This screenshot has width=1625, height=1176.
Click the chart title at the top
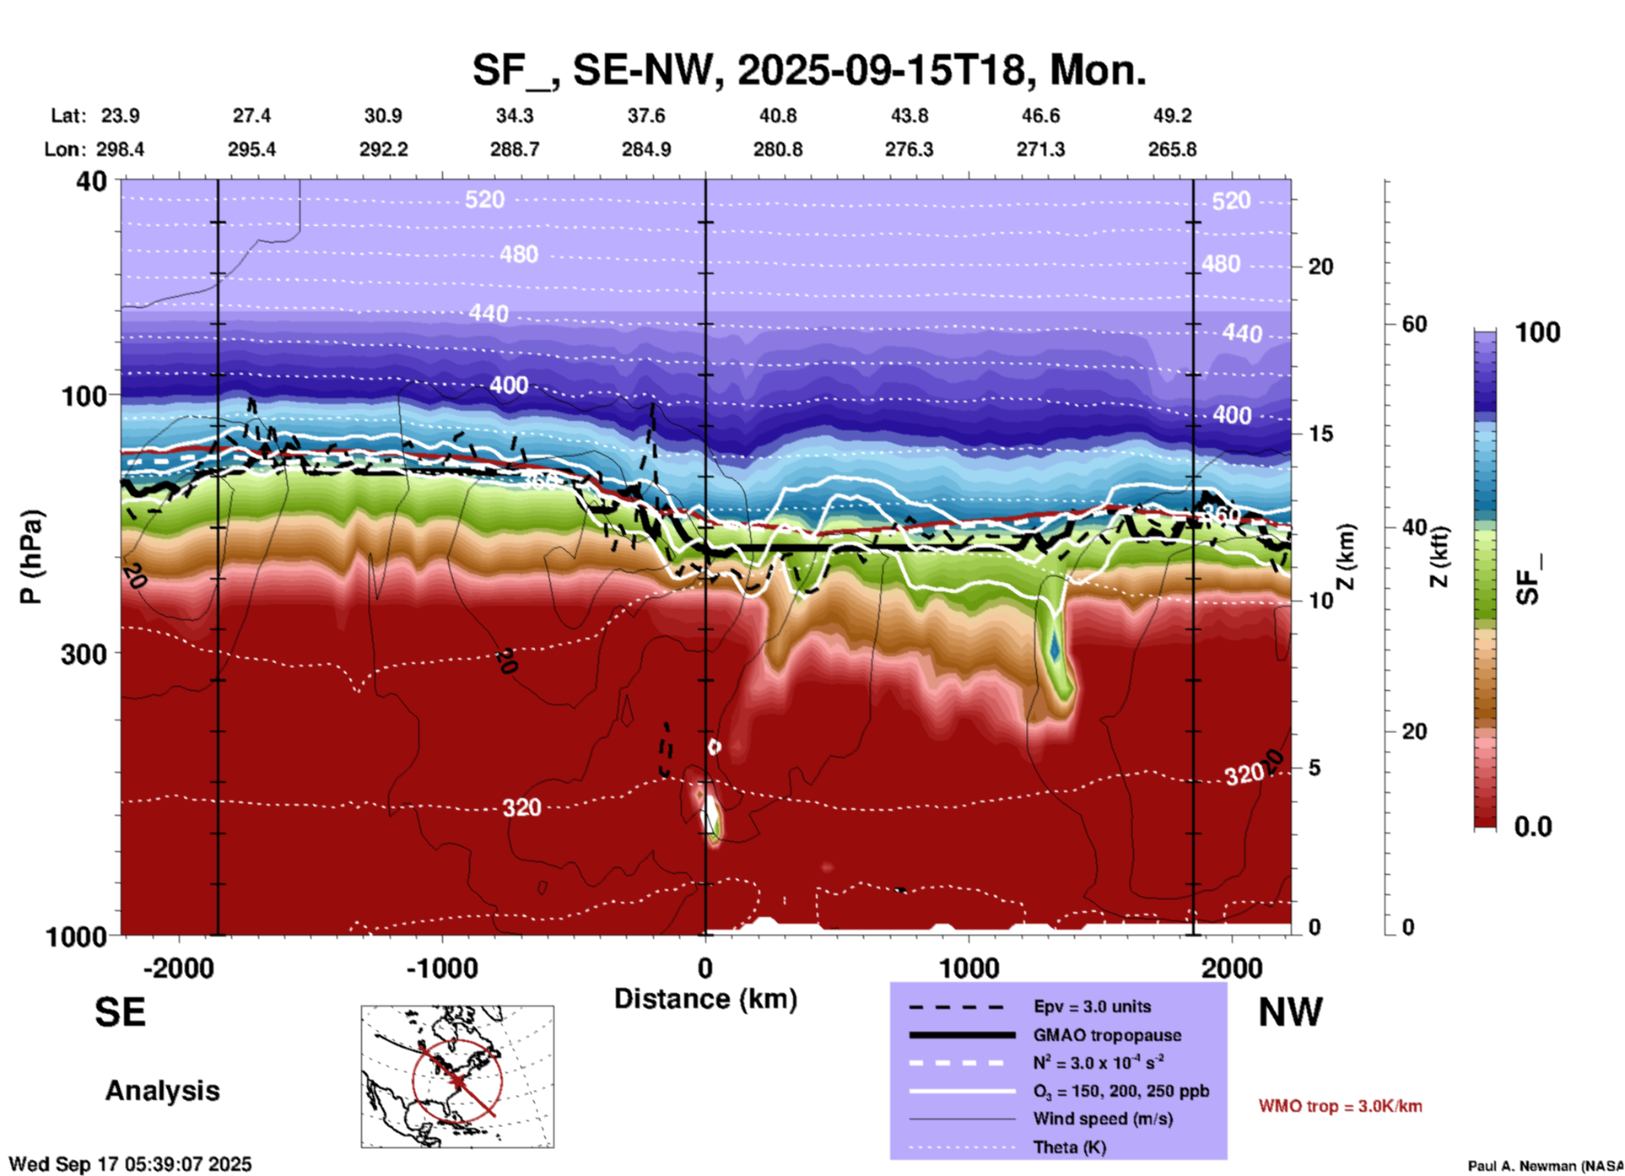(x=809, y=70)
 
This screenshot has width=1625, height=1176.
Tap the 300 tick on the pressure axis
(x=84, y=654)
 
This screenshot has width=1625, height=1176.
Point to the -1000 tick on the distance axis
(x=441, y=968)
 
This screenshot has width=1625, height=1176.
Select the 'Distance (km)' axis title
(x=705, y=999)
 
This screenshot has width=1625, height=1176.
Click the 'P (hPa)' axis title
(x=30, y=557)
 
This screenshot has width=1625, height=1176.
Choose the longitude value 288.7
(x=514, y=149)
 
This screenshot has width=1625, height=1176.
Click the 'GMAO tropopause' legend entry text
(x=1107, y=1035)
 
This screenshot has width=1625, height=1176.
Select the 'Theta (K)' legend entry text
(x=1070, y=1147)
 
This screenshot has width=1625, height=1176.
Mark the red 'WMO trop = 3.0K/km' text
(x=1340, y=1106)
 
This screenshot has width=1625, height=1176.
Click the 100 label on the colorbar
(x=1537, y=332)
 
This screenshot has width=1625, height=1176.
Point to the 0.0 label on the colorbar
(x=1532, y=827)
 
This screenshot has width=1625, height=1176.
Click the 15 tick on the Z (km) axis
(x=1320, y=434)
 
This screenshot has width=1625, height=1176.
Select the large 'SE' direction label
(x=120, y=1012)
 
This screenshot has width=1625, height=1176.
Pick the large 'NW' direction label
(x=1290, y=1012)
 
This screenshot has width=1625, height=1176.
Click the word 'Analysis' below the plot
(x=162, y=1091)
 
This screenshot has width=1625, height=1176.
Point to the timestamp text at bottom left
(x=130, y=1164)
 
